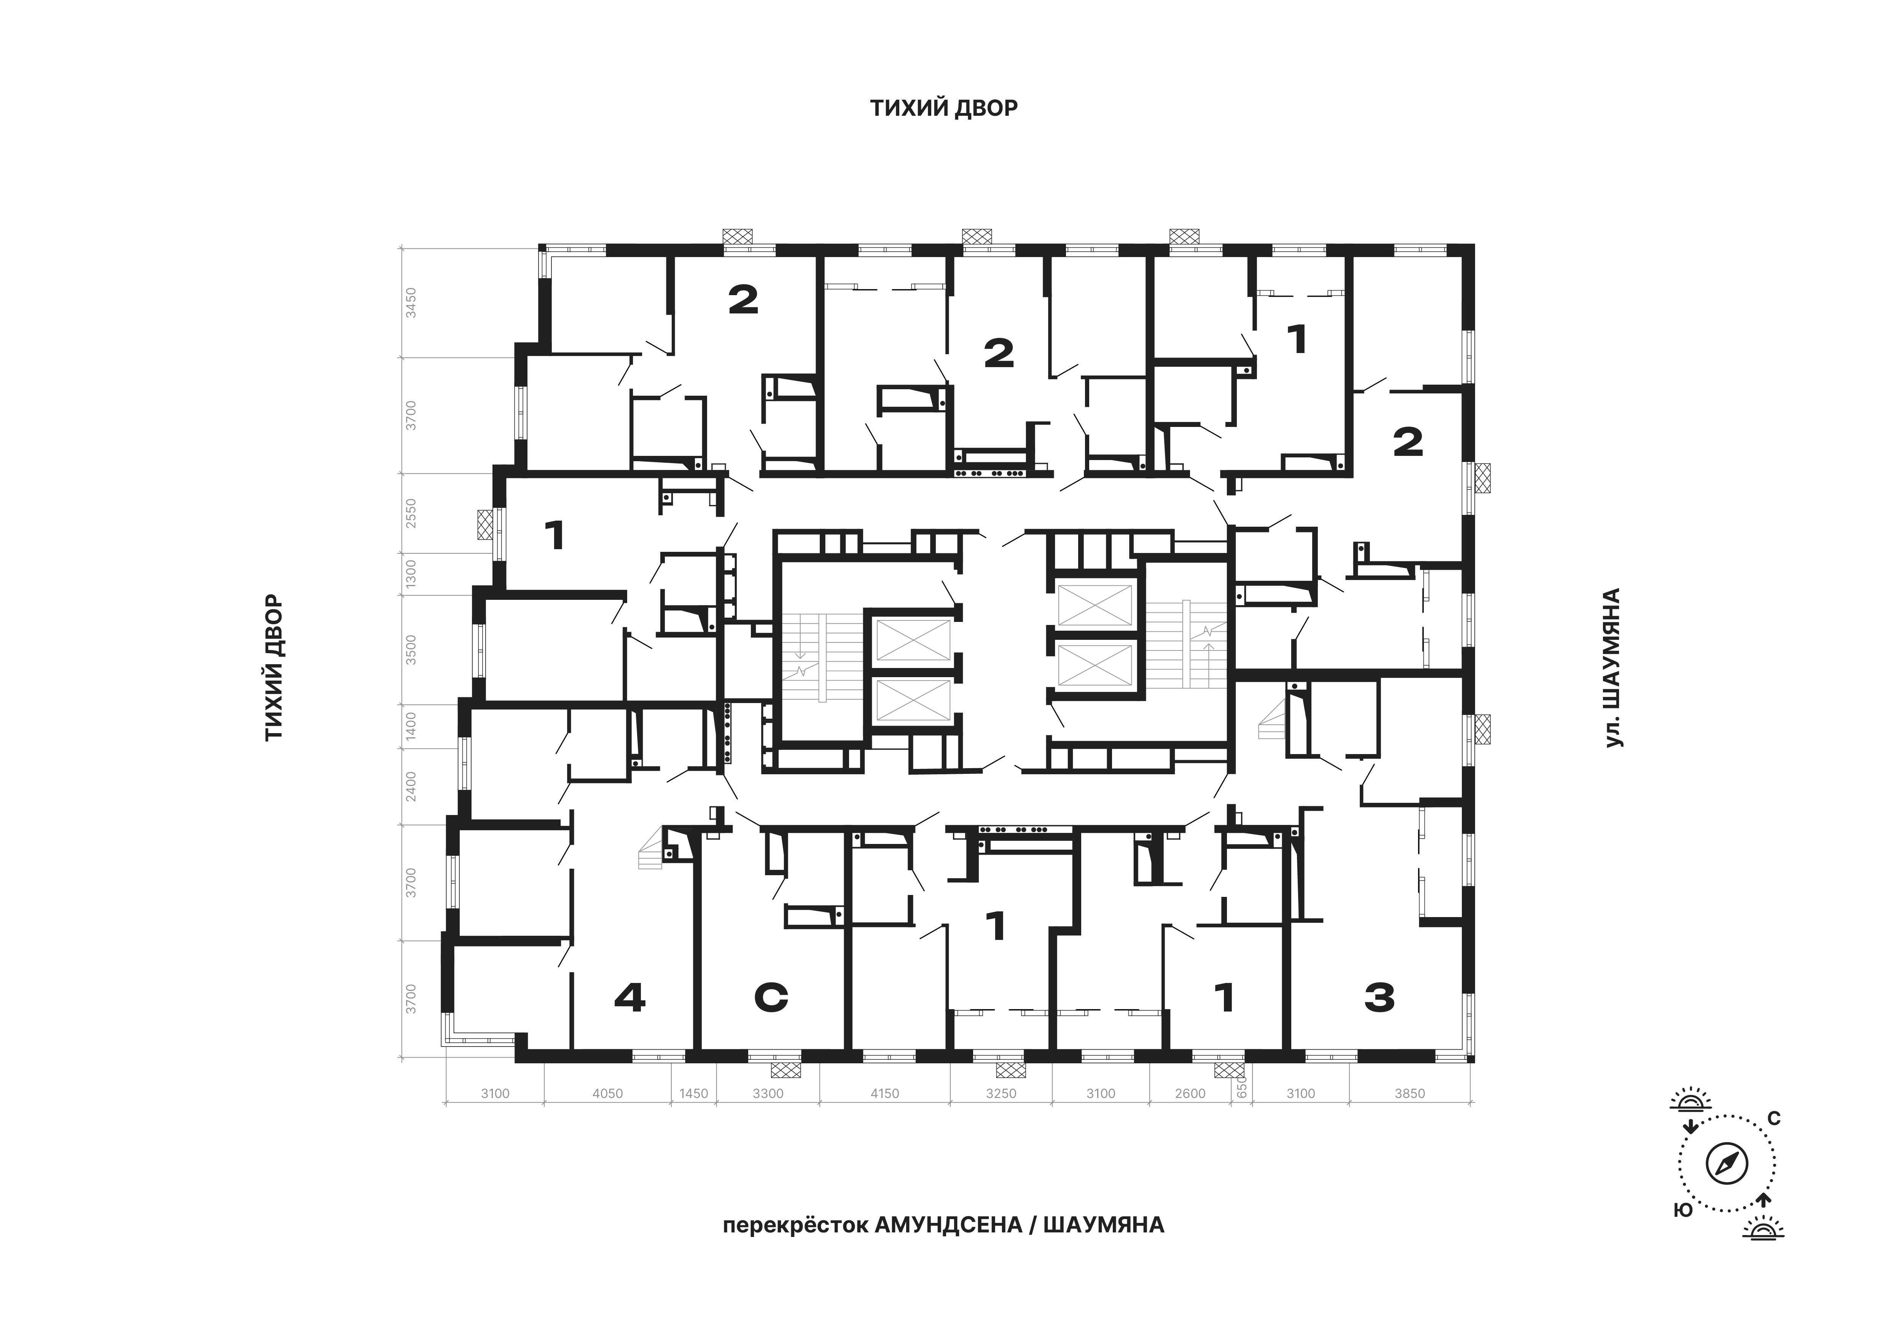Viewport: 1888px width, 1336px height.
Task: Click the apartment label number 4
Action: tap(630, 998)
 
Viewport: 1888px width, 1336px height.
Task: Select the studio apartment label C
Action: tap(771, 998)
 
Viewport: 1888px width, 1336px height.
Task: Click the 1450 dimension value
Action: tap(693, 1093)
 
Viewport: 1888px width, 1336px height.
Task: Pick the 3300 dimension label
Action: tap(768, 1093)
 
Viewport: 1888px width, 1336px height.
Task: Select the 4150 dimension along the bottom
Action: tap(885, 1093)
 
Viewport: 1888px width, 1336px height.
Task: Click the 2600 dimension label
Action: tap(1190, 1093)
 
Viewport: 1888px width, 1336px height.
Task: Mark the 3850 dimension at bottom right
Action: tap(1409, 1093)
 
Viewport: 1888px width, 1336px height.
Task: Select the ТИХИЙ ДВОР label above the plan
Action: tap(944, 108)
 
